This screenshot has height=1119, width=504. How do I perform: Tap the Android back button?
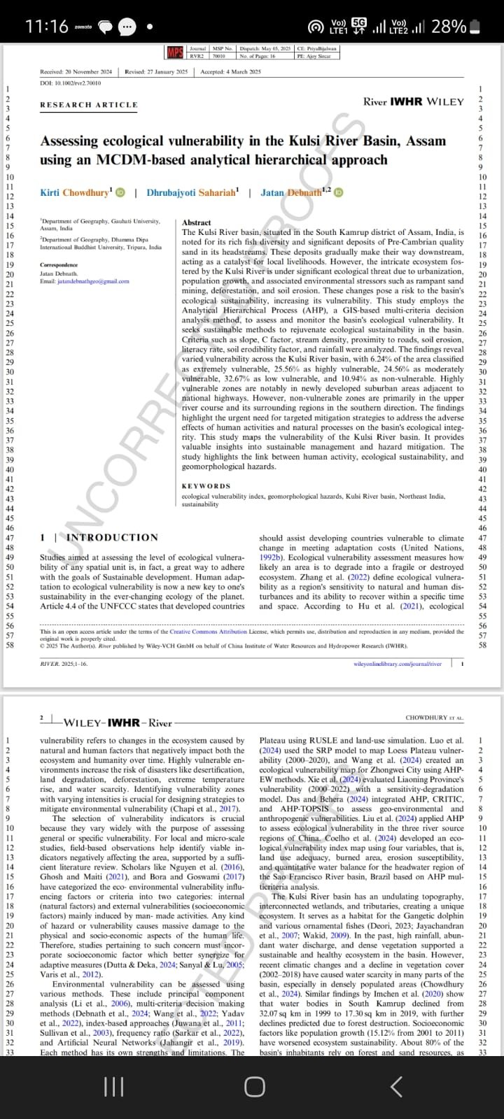396,1086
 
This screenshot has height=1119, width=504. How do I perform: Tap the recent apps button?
113,1086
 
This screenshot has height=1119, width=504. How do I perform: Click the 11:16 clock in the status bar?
46,27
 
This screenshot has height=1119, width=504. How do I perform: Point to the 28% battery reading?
449,27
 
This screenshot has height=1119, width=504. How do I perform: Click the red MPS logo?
175,52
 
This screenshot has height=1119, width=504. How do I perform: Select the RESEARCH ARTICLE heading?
89,105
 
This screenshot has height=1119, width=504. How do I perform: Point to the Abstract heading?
196,222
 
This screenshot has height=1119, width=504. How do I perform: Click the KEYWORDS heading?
206,486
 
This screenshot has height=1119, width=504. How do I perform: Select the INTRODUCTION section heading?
112,537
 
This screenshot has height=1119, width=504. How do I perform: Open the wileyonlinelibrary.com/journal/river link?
398,664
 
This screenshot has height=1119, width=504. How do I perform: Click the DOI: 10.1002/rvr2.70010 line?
71,83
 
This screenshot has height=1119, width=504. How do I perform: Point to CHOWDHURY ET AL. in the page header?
434,718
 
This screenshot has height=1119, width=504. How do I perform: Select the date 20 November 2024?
89,72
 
